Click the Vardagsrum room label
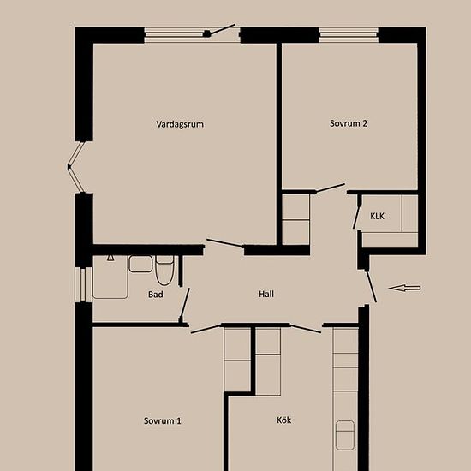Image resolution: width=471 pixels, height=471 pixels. click(x=180, y=124)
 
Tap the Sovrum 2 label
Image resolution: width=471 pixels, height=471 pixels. click(x=349, y=123)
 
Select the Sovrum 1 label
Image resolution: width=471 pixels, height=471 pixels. click(x=163, y=420)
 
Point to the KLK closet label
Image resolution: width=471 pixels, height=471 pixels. click(x=377, y=216)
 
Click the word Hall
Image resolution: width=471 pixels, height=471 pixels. click(x=266, y=294)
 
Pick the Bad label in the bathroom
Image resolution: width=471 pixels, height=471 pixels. click(x=156, y=295)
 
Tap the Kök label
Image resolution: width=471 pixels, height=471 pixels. click(x=283, y=420)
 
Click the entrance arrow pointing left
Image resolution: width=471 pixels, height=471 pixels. click(x=404, y=288)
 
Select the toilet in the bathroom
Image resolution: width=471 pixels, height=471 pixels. click(x=164, y=271)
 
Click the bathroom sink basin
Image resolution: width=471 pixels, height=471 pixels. click(x=140, y=264)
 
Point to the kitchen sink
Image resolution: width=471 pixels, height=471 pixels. click(x=345, y=435)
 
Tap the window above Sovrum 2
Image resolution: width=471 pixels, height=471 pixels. click(x=349, y=35)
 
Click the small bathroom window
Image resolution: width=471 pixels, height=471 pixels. click(x=83, y=284)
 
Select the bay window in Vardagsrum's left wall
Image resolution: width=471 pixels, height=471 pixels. click(x=75, y=167)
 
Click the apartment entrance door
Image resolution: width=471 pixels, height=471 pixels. click(x=371, y=286)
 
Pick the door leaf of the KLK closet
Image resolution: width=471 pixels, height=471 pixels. click(x=356, y=217)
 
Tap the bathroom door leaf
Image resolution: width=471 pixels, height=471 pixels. click(x=184, y=304)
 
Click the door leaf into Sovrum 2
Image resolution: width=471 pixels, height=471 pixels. click(x=330, y=188)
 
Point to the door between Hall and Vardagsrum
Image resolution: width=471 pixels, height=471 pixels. click(x=224, y=242)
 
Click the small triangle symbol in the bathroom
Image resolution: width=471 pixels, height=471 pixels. click(x=110, y=258)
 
